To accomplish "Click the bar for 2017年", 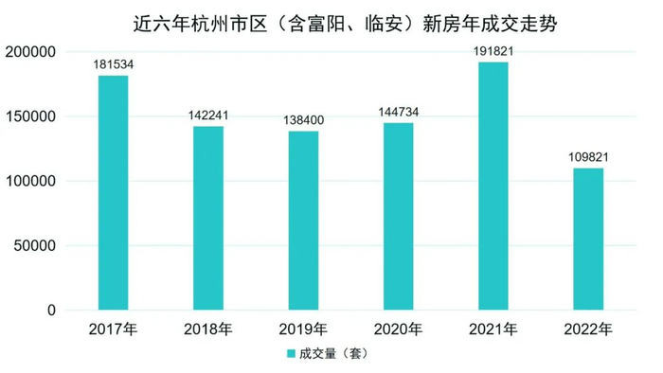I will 113,193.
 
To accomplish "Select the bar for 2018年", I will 208,219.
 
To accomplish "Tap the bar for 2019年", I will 303,221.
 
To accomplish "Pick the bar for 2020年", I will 398,217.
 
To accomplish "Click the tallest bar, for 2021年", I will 493,186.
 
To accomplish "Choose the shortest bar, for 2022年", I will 588,240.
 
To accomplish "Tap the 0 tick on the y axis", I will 53,311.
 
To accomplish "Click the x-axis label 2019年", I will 303,329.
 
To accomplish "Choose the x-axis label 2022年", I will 588,329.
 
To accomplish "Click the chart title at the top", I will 331,23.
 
